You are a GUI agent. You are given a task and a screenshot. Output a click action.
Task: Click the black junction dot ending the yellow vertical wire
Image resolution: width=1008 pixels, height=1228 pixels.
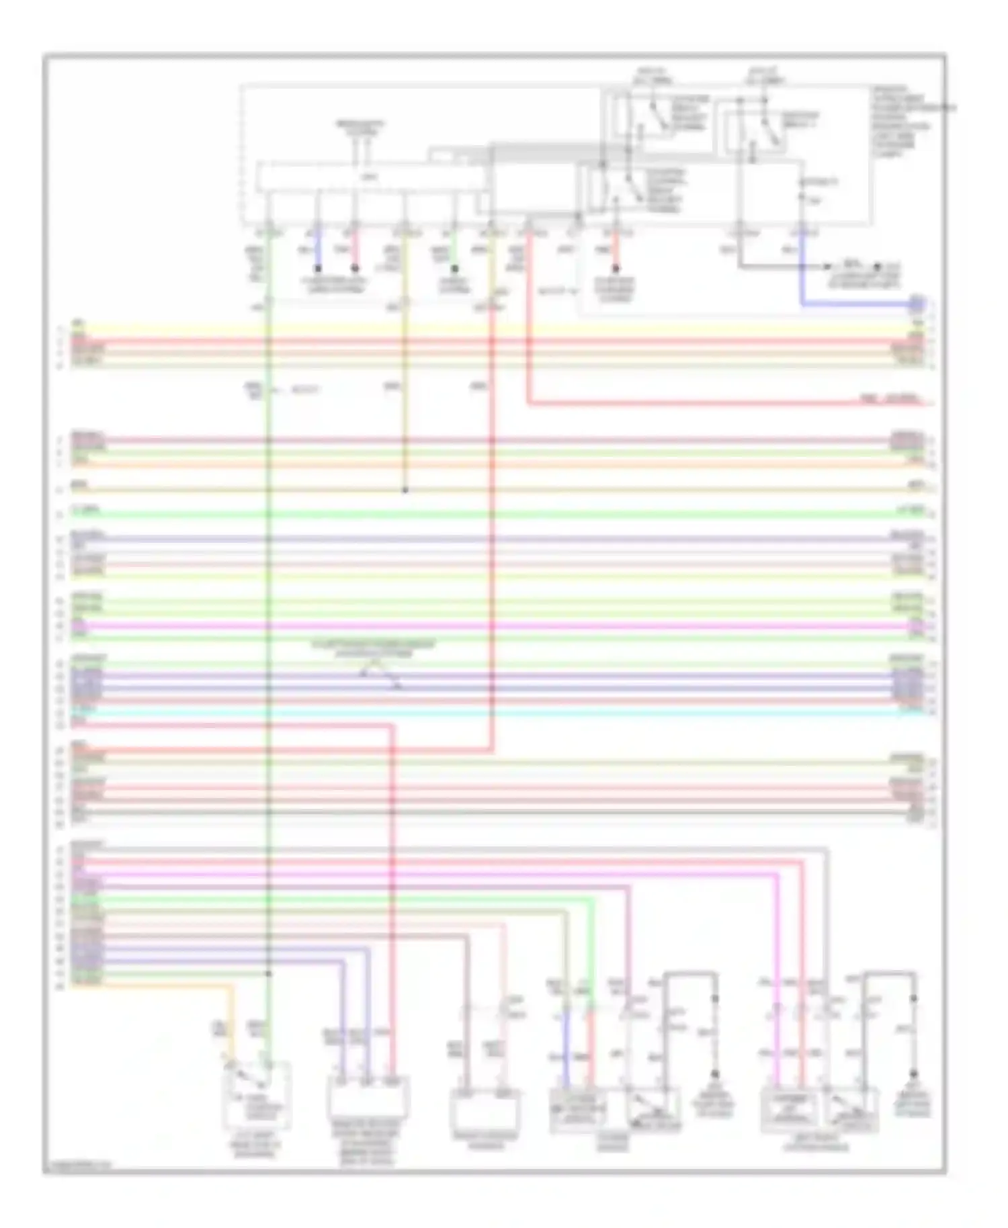click(405, 490)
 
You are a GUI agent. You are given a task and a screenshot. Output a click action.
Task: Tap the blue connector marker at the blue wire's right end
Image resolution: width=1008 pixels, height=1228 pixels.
click(916, 305)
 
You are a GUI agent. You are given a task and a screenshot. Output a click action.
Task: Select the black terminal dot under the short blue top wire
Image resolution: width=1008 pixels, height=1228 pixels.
click(318, 268)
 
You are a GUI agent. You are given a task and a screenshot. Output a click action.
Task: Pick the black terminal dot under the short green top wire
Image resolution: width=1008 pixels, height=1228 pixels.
click(455, 268)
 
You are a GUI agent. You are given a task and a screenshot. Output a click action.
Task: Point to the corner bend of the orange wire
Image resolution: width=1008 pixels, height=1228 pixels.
click(233, 986)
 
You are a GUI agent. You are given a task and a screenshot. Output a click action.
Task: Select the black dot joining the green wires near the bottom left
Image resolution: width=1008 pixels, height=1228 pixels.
click(268, 973)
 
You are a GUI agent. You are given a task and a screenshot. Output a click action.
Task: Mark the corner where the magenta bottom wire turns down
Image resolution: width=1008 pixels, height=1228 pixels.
click(778, 875)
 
